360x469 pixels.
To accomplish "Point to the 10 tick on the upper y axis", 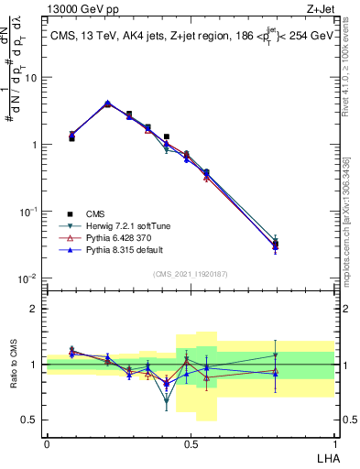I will [33, 78].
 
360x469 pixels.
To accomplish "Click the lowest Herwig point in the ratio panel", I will [167, 400].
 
